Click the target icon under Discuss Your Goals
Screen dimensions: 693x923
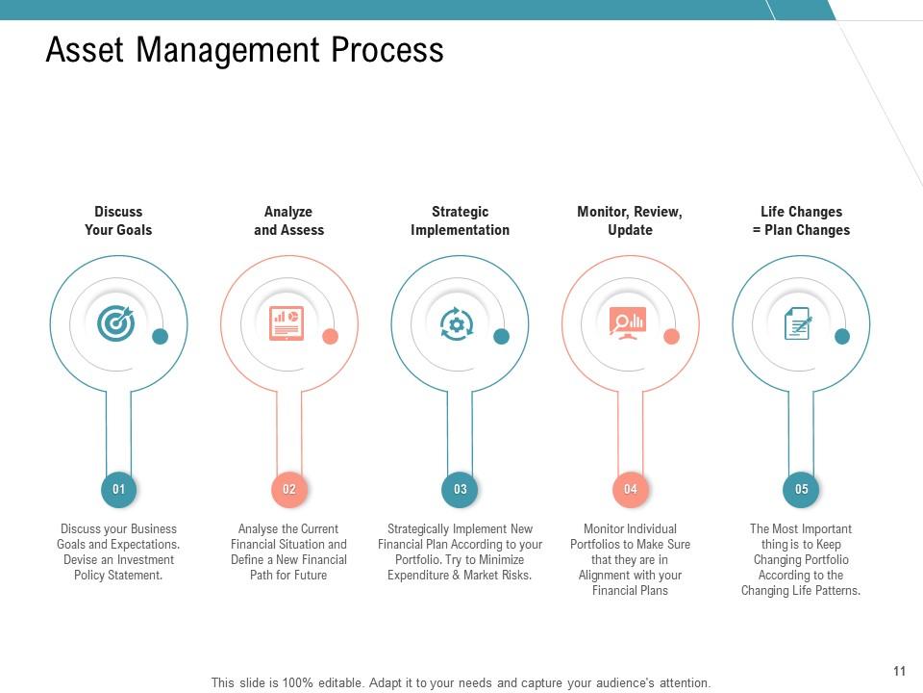point(116,322)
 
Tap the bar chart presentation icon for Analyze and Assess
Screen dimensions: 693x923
point(287,322)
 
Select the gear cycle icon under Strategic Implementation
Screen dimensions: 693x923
point(457,323)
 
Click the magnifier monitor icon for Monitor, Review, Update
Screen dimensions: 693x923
point(628,322)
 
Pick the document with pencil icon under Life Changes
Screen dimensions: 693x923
point(798,323)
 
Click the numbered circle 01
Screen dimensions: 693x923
point(118,489)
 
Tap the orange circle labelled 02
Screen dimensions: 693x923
point(289,489)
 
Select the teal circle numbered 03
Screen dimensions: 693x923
point(461,489)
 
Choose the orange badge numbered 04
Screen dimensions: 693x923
point(631,489)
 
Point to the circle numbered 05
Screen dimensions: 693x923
point(802,489)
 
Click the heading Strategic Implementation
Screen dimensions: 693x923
point(460,220)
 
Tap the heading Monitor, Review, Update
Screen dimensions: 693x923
point(630,220)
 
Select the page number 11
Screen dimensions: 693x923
point(900,671)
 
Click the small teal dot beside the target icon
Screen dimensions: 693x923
point(161,336)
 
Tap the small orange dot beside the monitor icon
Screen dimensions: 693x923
point(671,336)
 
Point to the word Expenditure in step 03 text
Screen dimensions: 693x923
point(415,576)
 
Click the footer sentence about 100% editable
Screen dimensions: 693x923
point(461,683)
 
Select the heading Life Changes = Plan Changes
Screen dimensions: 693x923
point(801,220)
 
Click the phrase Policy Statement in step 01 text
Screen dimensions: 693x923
point(118,576)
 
